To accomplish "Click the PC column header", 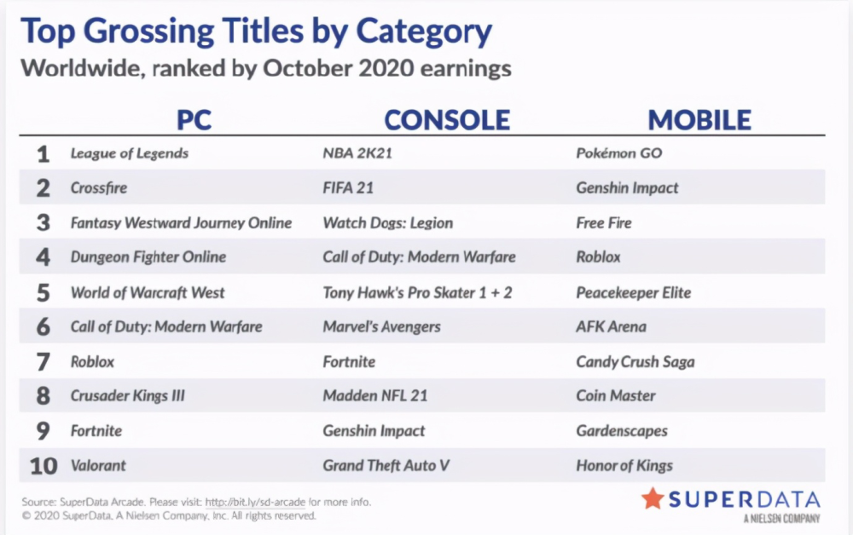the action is point(194,119).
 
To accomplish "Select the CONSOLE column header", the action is point(447,119).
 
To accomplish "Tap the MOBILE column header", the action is point(699,119).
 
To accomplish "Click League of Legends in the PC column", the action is point(130,153).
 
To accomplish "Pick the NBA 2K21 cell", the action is point(357,153).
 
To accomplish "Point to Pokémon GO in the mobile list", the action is point(619,153).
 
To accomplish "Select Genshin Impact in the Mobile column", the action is point(627,188).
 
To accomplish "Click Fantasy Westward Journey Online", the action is point(181,222).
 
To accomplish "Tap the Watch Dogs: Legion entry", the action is point(388,222).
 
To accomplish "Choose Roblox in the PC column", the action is point(92,362).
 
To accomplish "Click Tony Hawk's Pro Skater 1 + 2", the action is point(417,293).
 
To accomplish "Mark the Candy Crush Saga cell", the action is point(635,362).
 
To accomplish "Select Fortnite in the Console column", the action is point(349,362).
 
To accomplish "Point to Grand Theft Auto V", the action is point(386,465).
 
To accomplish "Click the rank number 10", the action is point(44,466).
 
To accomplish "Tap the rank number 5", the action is point(43,293).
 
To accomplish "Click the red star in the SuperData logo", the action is point(653,498).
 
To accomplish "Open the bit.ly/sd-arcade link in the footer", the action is point(255,502).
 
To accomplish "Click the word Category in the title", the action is point(424,32).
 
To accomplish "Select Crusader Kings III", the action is point(128,396).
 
